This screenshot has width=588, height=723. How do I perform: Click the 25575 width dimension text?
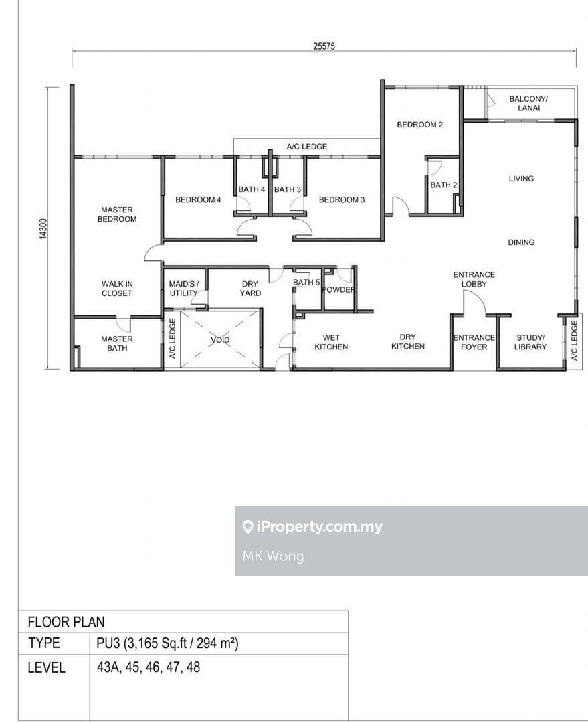pos(324,46)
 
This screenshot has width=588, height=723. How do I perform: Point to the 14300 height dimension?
pos(43,228)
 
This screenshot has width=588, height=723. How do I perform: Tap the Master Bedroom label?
pos(117,214)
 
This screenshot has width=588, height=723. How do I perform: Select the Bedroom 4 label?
pos(198,199)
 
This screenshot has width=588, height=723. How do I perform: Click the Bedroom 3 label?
pos(342,199)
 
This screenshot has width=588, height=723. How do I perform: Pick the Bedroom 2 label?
pos(420,125)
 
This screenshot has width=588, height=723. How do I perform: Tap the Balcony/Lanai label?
pos(528,103)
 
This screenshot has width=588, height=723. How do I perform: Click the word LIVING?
pos(521,179)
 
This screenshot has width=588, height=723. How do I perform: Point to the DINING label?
pos(521,242)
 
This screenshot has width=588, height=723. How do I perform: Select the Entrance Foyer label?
pos(474,342)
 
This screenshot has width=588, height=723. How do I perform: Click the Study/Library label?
pos(530,342)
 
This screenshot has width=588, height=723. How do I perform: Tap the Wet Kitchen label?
pos(331,342)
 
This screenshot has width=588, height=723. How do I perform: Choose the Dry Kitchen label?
pos(408,341)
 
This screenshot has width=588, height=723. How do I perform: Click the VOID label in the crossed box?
pos(220,340)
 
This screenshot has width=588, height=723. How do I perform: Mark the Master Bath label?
pos(117,343)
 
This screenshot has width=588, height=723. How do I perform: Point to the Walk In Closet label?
pos(117,288)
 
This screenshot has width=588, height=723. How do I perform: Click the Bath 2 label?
pos(444,185)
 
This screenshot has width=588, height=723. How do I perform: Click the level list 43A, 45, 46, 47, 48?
pos(149,667)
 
